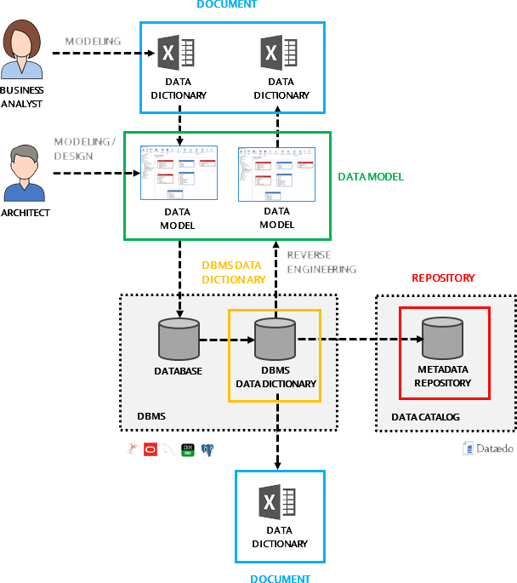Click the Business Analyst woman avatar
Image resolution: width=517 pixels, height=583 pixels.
(23, 52)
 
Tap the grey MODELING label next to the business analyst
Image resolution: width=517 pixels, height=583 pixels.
(93, 41)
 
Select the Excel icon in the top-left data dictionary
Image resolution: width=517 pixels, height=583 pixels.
(178, 54)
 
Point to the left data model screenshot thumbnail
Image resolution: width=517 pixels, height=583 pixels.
(178, 173)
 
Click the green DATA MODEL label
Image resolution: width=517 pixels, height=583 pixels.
(370, 177)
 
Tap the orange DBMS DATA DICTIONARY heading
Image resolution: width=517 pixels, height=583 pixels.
(234, 271)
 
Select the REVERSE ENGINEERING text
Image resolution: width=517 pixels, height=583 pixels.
(321, 262)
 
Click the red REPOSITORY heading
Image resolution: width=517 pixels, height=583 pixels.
(443, 278)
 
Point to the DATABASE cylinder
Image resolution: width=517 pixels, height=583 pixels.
(179, 340)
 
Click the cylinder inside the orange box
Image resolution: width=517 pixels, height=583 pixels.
(276, 340)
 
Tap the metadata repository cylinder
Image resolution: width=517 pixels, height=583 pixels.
(443, 338)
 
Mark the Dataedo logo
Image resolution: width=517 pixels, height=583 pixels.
(487, 448)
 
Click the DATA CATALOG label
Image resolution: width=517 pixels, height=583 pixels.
(425, 417)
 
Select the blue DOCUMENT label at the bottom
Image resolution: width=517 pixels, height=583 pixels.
(280, 579)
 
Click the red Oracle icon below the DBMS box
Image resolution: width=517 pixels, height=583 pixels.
(151, 449)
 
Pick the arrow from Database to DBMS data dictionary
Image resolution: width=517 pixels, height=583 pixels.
(227, 340)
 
